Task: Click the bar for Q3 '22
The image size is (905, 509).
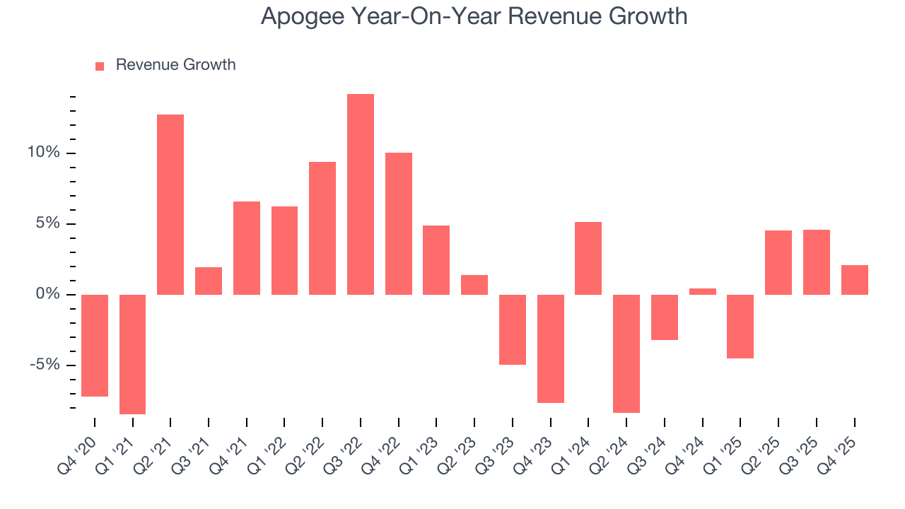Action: pos(361,194)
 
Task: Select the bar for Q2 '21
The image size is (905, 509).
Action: pos(170,204)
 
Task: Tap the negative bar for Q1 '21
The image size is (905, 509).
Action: pos(132,353)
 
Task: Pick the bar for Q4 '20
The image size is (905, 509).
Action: pos(95,345)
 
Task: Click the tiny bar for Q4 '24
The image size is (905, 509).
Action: pos(703,291)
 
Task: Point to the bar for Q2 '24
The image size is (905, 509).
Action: pos(626,353)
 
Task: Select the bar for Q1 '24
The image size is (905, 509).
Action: pos(588,258)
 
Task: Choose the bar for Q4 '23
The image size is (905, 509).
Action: pos(551,349)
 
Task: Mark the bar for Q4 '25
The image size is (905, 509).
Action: pos(855,280)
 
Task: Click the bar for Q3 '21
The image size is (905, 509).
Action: pos(209,281)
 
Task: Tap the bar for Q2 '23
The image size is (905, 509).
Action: pos(474,285)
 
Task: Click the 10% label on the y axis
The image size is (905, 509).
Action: pos(43,153)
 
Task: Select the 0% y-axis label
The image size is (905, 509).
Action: pos(47,295)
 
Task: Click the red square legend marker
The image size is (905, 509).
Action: pos(100,66)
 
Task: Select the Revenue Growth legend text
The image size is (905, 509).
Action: pos(175,65)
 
